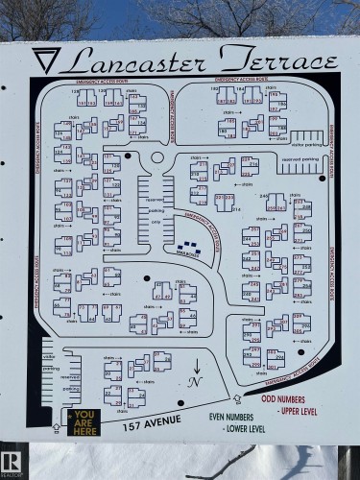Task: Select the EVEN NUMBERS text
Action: [236, 418]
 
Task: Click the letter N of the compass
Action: [196, 381]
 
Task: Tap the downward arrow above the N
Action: [196, 364]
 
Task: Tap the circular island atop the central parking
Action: [157, 156]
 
